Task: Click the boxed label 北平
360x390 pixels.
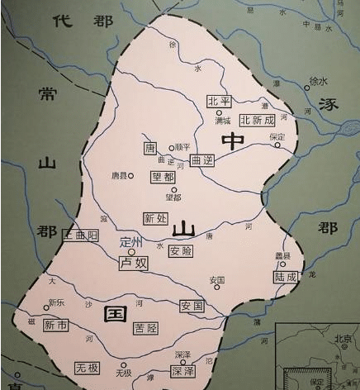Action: pyautogui.click(x=218, y=101)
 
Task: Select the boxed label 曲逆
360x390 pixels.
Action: pyautogui.click(x=201, y=159)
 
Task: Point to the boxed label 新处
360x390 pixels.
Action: pyautogui.click(x=155, y=219)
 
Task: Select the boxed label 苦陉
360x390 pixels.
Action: pyautogui.click(x=144, y=328)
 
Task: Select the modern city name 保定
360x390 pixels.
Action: pyautogui.click(x=277, y=136)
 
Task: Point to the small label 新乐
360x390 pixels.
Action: pyautogui.click(x=56, y=302)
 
